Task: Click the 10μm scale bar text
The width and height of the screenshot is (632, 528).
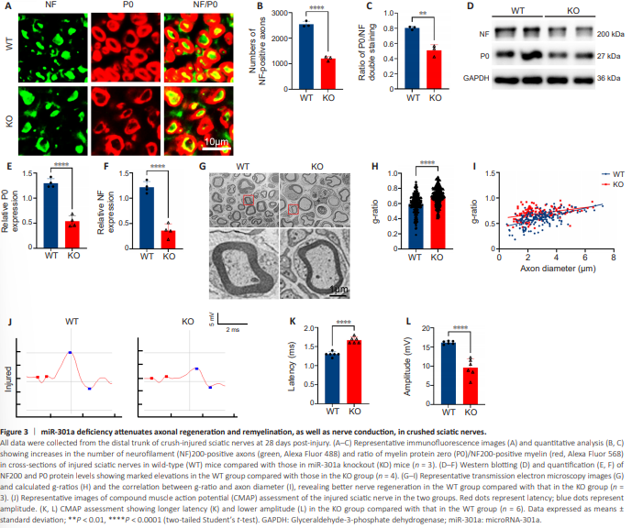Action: (x=216, y=143)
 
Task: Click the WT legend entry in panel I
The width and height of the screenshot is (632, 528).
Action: (x=593, y=171)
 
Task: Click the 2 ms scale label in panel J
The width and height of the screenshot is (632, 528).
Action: (x=235, y=328)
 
